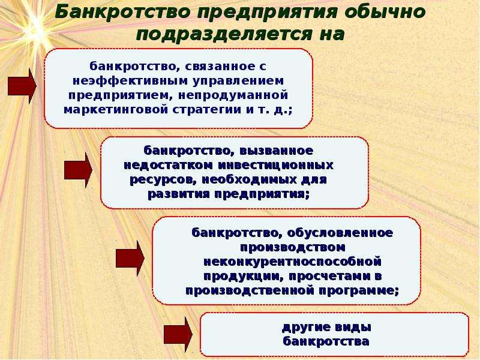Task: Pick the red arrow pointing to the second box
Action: point(78,170)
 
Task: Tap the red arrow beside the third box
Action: point(130,259)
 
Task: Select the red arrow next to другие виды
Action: point(178,334)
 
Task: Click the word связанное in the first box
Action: point(220,66)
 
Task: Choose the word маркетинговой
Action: point(116,110)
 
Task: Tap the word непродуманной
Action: point(233,95)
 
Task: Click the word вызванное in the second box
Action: point(277,151)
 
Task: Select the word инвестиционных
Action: point(275,166)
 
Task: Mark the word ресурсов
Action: point(164,179)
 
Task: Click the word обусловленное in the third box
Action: point(340,233)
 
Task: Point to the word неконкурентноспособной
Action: point(292,262)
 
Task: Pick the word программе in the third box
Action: point(359,290)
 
